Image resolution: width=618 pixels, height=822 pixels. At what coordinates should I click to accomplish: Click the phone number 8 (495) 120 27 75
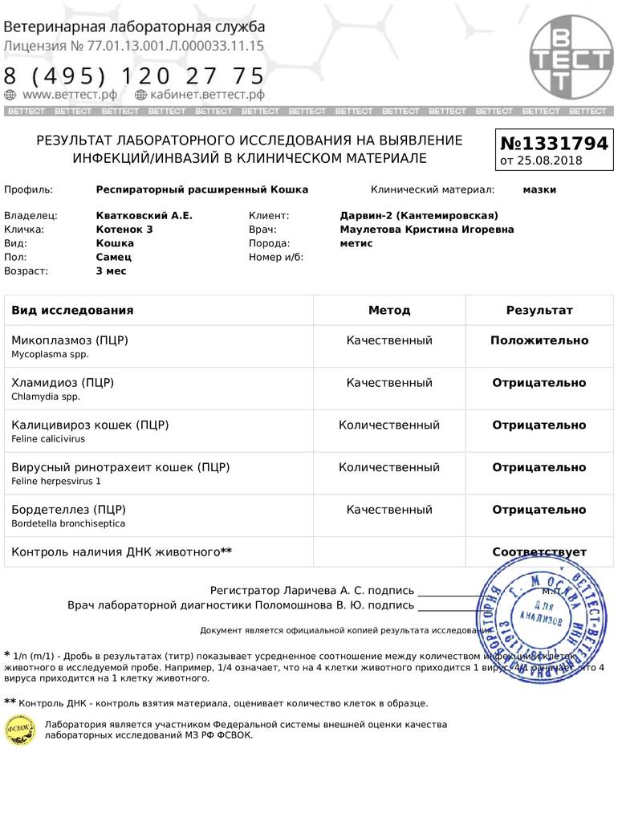[134, 76]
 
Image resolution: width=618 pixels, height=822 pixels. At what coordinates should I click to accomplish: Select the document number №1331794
[555, 144]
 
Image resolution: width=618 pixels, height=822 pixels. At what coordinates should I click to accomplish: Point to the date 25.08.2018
[550, 161]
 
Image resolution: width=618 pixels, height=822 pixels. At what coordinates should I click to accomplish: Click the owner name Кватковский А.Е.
[144, 215]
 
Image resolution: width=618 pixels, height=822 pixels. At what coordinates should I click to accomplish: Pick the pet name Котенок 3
[124, 229]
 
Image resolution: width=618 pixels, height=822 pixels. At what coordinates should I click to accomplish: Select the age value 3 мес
[111, 271]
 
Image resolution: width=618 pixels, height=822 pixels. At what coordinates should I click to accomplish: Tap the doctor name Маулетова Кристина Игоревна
[427, 229]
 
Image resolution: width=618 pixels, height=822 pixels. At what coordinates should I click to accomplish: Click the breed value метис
[356, 242]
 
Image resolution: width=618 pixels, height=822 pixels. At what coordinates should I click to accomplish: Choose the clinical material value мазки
[539, 189]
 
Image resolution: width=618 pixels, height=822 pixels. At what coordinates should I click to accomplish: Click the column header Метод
[389, 310]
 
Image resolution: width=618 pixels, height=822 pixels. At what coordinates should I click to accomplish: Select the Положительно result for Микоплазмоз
[539, 340]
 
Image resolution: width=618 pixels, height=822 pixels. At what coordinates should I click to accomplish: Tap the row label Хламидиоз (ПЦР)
[63, 382]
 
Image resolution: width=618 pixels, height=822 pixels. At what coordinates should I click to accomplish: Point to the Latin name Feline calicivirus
[48, 439]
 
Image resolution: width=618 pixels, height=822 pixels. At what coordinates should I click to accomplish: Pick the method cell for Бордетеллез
[389, 510]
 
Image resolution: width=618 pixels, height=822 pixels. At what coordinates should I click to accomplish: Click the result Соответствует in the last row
[539, 552]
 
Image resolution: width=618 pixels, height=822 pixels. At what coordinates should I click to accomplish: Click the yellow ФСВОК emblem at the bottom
[20, 729]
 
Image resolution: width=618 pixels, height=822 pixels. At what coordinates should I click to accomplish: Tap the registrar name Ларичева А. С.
[323, 590]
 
